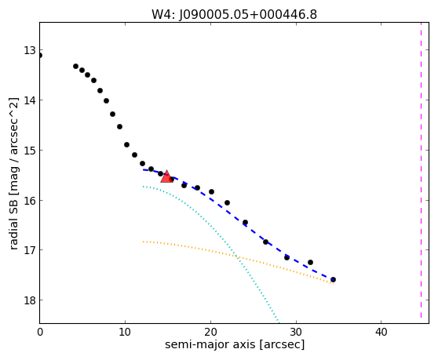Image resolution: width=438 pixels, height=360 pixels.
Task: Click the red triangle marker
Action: click(x=166, y=176)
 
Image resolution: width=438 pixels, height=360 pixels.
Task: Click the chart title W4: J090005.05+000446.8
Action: click(x=234, y=15)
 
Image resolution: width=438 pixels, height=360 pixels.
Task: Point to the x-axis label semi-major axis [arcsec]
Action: click(x=235, y=344)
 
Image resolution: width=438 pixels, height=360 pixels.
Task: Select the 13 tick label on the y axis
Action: click(x=30, y=51)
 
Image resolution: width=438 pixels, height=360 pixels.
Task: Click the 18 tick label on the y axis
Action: click(x=30, y=300)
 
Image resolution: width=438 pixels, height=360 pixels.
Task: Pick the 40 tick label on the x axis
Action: click(x=381, y=333)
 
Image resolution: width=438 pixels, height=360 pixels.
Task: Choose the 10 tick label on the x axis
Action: click(x=125, y=333)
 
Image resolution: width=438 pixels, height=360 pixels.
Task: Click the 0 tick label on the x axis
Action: click(x=40, y=333)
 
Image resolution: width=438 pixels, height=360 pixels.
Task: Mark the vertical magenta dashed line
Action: click(x=421, y=170)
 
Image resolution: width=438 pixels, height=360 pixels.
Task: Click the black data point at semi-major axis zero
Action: click(x=40, y=55)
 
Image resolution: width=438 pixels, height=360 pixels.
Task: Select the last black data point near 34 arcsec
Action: click(x=333, y=279)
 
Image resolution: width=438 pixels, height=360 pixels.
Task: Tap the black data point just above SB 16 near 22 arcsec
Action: click(x=227, y=202)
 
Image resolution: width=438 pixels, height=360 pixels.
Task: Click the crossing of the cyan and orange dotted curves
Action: click(x=236, y=256)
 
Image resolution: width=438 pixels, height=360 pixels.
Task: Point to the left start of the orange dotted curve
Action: click(x=144, y=242)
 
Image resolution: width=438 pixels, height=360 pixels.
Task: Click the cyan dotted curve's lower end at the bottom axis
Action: click(x=279, y=322)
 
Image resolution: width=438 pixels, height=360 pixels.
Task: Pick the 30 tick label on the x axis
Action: click(x=296, y=333)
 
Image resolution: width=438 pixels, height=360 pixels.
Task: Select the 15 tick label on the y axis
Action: click(x=30, y=151)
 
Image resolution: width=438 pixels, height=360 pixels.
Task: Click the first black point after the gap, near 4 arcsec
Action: click(x=75, y=66)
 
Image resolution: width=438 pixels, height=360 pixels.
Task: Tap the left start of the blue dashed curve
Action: click(x=144, y=169)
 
